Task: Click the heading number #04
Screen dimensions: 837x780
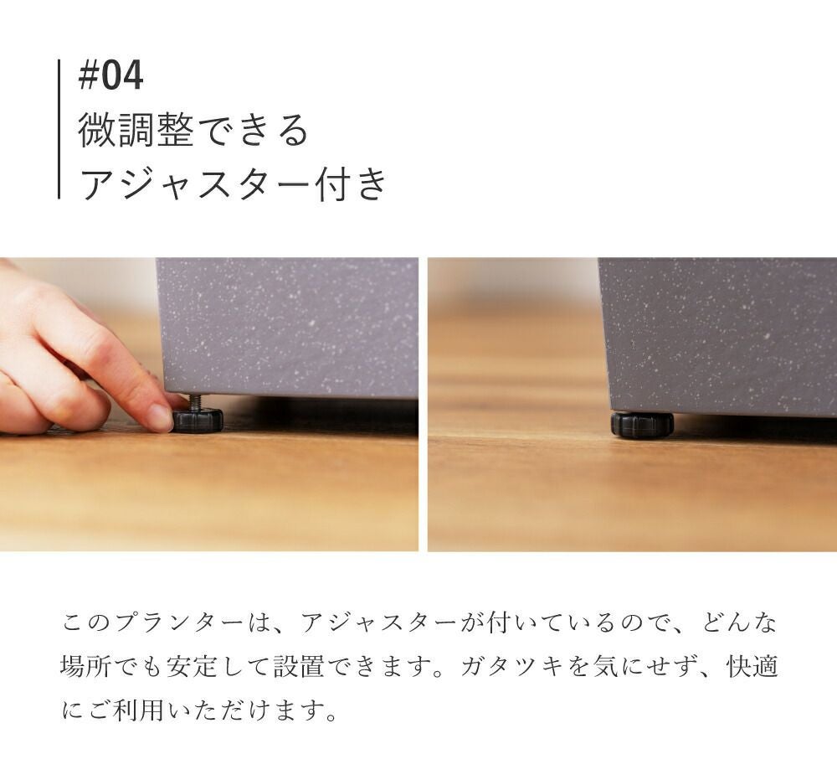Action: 110,76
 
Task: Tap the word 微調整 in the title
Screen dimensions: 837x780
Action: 136,130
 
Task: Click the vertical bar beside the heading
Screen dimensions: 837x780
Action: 59,129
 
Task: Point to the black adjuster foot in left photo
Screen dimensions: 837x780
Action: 198,420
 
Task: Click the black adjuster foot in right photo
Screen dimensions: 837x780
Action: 642,424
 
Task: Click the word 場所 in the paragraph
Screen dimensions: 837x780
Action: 85,666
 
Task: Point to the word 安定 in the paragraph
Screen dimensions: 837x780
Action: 192,666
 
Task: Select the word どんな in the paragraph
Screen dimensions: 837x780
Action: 739,623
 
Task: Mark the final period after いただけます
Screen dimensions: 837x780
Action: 331,716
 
